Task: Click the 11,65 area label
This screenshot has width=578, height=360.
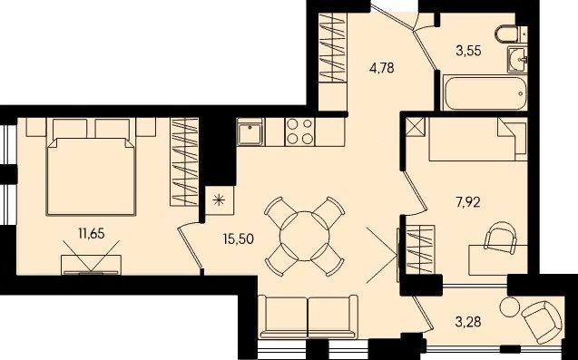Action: (x=92, y=233)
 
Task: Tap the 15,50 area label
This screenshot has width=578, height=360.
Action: (x=239, y=238)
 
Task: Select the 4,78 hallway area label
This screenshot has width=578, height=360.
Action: (x=381, y=68)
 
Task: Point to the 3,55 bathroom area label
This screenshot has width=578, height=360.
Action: (x=468, y=51)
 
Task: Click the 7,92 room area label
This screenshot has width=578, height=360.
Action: (x=468, y=202)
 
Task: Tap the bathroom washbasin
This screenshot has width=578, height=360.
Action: (x=517, y=59)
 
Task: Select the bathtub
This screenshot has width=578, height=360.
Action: (x=485, y=92)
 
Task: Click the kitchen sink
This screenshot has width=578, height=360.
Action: (x=250, y=132)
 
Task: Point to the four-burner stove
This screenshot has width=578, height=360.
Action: (x=299, y=131)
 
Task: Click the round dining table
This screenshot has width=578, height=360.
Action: (x=305, y=236)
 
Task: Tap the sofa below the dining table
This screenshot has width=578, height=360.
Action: (x=308, y=316)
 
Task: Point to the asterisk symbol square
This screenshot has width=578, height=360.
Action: (x=220, y=200)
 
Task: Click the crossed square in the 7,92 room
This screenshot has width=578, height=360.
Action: (x=416, y=127)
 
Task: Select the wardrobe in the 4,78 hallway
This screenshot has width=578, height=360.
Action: (x=333, y=47)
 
